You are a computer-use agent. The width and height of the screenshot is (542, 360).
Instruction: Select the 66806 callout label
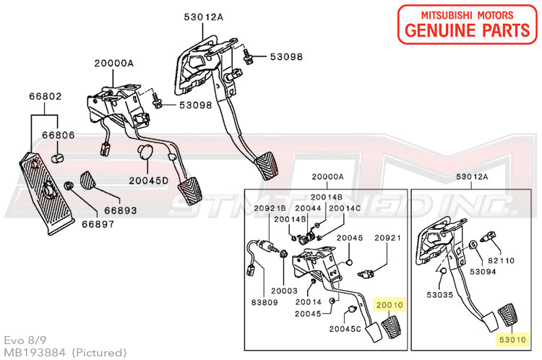57,135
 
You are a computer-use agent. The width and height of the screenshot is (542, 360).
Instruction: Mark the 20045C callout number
346,328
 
